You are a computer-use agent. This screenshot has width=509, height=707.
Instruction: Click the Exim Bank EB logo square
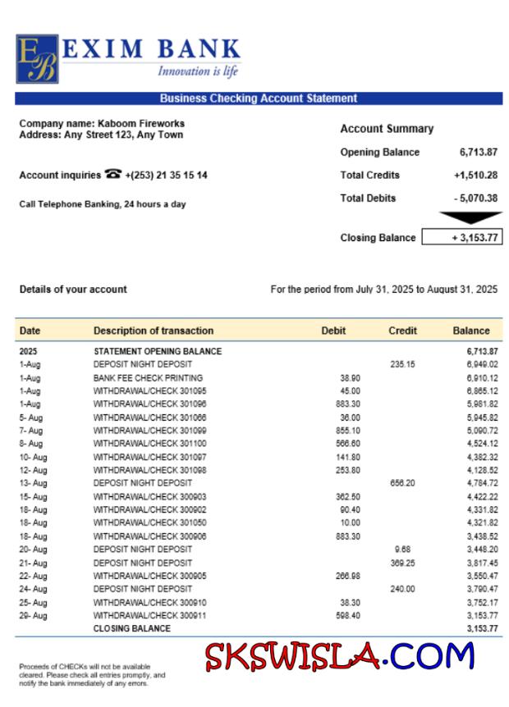[37, 59]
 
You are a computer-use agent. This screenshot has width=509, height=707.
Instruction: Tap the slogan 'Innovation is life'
[198, 71]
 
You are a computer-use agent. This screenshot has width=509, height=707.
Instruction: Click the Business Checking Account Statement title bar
[258, 98]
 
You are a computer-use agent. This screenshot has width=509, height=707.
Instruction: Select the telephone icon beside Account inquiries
[113, 175]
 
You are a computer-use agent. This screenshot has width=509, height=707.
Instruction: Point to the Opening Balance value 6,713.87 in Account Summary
[478, 153]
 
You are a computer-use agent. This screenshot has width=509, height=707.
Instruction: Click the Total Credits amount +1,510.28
[475, 175]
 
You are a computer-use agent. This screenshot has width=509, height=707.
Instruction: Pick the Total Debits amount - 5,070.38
[475, 198]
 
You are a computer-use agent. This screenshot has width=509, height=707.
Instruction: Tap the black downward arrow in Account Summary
[470, 217]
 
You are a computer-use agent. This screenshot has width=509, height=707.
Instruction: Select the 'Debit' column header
[333, 331]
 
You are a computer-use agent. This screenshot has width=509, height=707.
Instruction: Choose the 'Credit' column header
[402, 331]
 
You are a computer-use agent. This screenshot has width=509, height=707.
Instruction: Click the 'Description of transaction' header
[154, 331]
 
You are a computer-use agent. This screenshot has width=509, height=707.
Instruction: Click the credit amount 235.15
[402, 364]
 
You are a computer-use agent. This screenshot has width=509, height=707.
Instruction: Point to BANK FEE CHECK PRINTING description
[148, 377]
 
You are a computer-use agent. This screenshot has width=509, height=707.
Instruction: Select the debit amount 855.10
[348, 430]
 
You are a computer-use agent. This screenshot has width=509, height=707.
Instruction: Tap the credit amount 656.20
[402, 483]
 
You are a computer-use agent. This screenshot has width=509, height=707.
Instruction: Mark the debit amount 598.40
[348, 615]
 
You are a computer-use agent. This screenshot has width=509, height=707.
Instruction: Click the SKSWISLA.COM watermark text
[340, 657]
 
